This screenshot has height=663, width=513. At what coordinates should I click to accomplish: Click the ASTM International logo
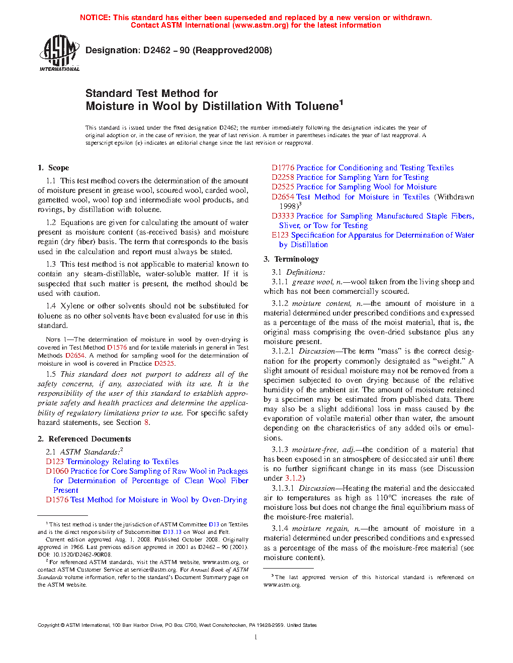click(x=59, y=53)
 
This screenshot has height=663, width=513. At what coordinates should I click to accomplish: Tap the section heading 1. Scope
click(x=53, y=168)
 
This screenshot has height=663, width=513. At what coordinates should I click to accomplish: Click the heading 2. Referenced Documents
click(x=84, y=439)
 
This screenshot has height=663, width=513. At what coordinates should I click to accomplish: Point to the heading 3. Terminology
click(x=291, y=259)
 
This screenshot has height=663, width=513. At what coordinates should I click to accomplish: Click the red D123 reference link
click(x=55, y=462)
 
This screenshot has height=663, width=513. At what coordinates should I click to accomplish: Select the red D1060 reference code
click(x=57, y=471)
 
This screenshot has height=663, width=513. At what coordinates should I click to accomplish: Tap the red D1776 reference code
click(x=283, y=168)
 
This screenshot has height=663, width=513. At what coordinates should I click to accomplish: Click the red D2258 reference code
click(x=283, y=177)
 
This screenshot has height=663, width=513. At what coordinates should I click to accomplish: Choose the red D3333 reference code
click(x=283, y=216)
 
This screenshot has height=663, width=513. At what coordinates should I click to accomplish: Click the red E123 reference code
click(x=280, y=235)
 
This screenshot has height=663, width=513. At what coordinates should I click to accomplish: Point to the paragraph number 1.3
click(x=51, y=264)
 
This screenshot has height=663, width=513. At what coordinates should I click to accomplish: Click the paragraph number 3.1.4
click(x=280, y=528)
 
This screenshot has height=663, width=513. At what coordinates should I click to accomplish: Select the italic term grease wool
click(x=313, y=282)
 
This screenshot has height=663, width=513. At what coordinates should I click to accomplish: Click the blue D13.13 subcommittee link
click(x=172, y=532)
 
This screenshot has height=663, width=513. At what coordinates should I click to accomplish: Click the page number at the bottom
click(x=256, y=637)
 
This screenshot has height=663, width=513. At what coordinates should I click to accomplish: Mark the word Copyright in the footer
click(x=48, y=625)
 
